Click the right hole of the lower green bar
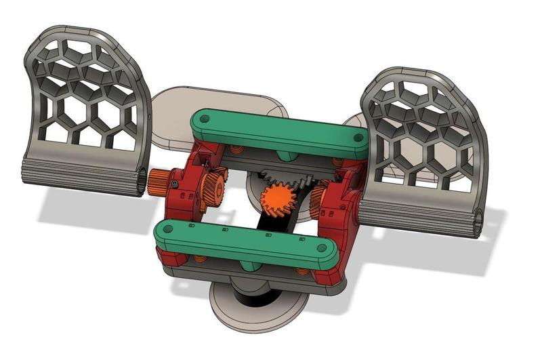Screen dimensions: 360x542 pyautogui.click(x=325, y=252)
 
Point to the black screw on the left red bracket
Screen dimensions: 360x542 pyautogui.click(x=175, y=185)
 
